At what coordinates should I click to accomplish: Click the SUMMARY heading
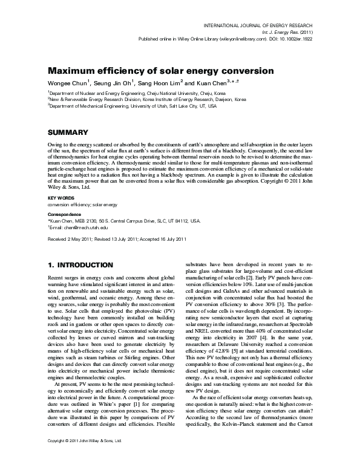[x=67, y=132]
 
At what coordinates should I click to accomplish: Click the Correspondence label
[x=64, y=214]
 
